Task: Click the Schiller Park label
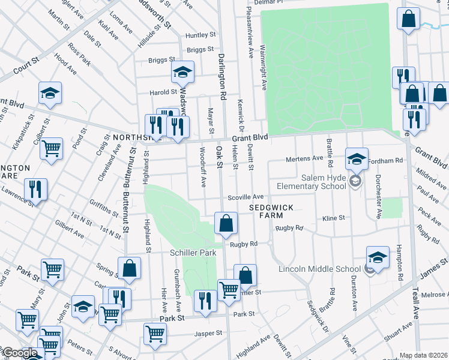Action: pos(193,253)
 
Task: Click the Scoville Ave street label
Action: pos(246,197)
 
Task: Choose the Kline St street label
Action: pos(334,218)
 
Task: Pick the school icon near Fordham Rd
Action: pos(356,159)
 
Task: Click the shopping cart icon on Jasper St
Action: pos(155,333)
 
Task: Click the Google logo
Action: pos(19,353)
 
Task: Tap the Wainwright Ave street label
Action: pos(264,72)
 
